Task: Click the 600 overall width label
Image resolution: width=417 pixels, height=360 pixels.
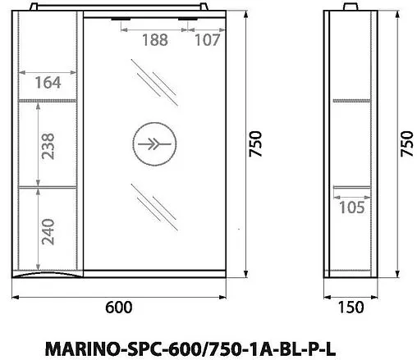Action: (x=119, y=308)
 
